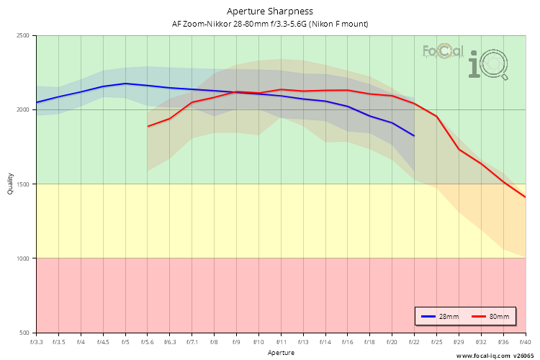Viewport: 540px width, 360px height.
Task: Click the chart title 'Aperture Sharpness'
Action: [x=270, y=12]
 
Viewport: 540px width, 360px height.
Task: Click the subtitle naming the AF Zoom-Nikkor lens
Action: [x=270, y=24]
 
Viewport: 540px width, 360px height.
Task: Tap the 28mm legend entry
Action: [x=441, y=317]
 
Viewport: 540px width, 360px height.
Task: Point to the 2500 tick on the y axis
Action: [x=22, y=36]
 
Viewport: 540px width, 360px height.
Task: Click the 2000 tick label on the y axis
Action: [x=22, y=110]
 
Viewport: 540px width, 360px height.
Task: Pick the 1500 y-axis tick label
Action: [x=22, y=184]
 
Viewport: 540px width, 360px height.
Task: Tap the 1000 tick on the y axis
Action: [x=22, y=258]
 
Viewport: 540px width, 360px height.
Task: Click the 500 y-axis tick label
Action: [x=24, y=333]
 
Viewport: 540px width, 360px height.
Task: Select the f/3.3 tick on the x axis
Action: [x=37, y=342]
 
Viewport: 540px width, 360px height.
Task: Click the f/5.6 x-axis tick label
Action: [x=148, y=342]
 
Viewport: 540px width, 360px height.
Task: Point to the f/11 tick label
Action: [x=281, y=342]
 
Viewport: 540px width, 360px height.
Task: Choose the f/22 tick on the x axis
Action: [x=414, y=342]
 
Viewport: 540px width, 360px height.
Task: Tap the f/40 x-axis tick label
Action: [x=525, y=342]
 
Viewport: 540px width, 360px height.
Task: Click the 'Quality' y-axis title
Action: [x=10, y=184]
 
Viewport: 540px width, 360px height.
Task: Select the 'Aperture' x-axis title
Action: [x=281, y=353]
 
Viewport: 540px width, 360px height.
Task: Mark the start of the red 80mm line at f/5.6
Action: [x=148, y=126]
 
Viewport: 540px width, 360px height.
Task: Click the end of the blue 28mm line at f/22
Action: [x=414, y=135]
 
